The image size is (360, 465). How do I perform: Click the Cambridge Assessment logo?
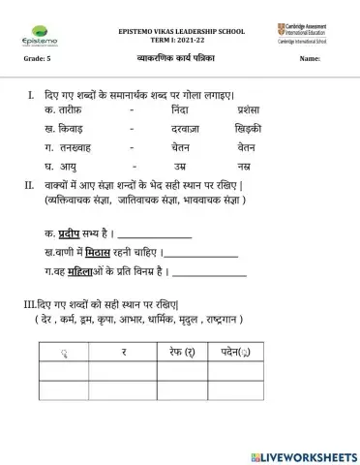(x=305, y=34)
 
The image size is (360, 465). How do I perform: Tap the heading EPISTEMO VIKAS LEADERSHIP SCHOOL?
(x=182, y=31)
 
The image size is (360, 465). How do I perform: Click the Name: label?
(x=310, y=60)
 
